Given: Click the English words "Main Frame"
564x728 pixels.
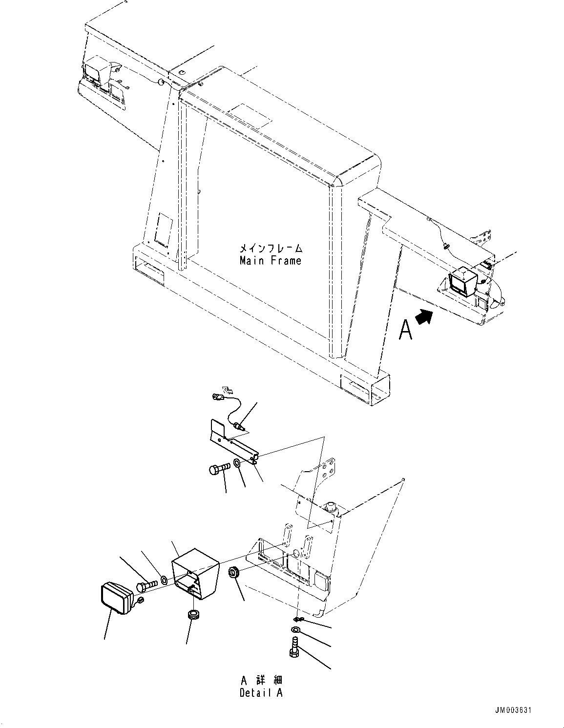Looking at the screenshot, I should click(270, 261).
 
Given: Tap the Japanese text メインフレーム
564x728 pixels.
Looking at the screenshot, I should click(270, 249).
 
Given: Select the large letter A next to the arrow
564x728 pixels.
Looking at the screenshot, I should click(405, 330).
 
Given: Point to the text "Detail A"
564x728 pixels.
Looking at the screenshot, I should click(261, 692).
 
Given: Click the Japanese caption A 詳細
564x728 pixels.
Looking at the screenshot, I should click(261, 680).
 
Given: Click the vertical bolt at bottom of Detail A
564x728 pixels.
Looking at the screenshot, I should click(294, 647).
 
